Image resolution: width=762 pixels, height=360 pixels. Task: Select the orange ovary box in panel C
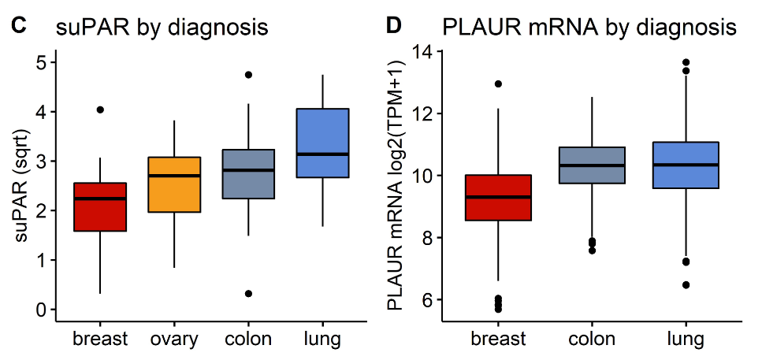[x=174, y=185]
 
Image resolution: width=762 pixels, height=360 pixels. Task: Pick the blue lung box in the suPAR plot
[x=322, y=143]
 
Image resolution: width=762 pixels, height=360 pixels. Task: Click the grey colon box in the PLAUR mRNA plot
[x=592, y=165]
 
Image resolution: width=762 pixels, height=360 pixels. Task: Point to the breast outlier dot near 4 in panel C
[x=100, y=109]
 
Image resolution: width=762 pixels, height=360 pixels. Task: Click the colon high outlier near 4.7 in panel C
[x=248, y=75]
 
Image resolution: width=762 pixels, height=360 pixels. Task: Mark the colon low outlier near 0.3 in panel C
[x=248, y=293]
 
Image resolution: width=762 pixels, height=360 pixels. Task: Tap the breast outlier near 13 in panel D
[x=498, y=84]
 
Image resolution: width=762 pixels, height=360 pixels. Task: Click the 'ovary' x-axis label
[x=174, y=340]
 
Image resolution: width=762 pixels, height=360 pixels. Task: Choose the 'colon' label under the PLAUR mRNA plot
[x=592, y=340]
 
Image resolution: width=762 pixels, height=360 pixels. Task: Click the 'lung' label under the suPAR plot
[x=322, y=340]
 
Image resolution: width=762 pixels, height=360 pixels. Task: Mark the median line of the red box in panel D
[x=498, y=197]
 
